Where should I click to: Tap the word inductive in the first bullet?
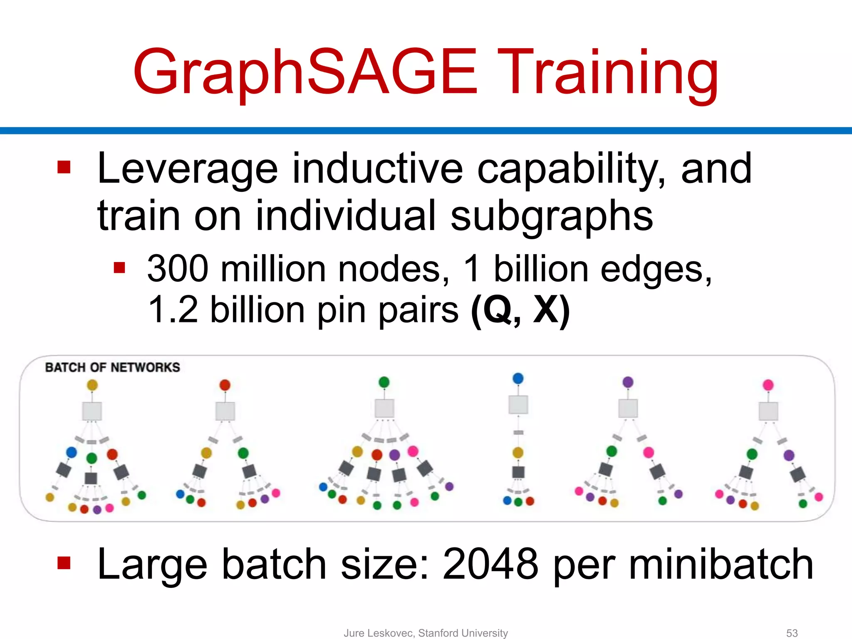377,169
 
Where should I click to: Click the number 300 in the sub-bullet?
178,269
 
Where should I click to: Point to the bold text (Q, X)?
520,310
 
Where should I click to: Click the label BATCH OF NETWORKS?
112,368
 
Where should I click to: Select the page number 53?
792,633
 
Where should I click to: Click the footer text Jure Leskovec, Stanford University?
426,633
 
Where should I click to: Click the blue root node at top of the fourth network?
518,379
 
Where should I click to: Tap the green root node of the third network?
384,382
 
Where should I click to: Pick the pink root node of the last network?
768,385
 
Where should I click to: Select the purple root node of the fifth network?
628,382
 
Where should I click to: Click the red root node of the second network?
225,385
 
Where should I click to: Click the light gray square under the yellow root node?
92,411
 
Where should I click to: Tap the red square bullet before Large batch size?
64,563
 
